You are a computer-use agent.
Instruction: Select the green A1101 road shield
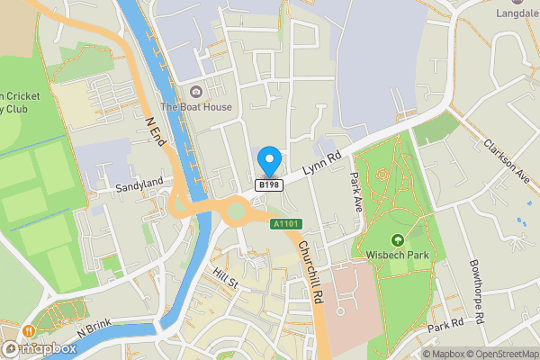tap(285, 223)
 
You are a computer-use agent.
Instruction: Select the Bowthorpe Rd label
tap(476, 292)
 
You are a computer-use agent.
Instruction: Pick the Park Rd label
tap(445, 323)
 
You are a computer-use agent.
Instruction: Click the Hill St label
tap(224, 277)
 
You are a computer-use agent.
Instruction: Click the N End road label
tap(156, 125)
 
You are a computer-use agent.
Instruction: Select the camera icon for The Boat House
tap(195, 91)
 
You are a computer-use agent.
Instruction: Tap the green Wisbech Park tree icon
tap(398, 240)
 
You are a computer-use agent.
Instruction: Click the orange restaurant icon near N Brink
tap(30, 330)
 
